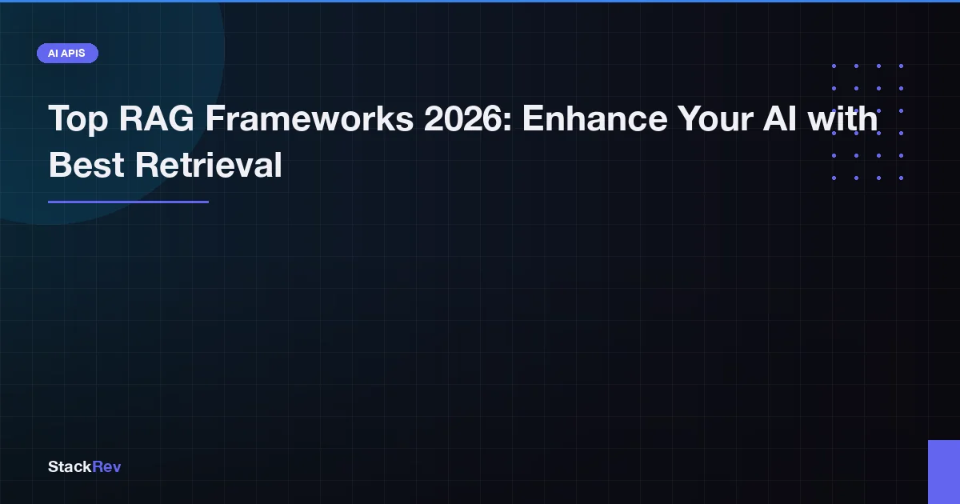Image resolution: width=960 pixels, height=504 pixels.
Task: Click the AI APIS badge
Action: (x=67, y=54)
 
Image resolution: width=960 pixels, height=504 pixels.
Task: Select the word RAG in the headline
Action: (x=156, y=120)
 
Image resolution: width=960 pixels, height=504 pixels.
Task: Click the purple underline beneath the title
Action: (x=128, y=202)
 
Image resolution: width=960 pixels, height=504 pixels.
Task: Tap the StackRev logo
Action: (x=84, y=466)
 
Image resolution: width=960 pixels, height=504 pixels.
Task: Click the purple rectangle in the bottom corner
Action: (x=944, y=472)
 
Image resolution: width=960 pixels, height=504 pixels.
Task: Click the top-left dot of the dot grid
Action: (x=834, y=66)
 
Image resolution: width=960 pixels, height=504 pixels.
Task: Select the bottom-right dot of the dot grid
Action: (x=901, y=178)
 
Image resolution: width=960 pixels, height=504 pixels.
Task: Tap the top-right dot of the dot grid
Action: (x=901, y=66)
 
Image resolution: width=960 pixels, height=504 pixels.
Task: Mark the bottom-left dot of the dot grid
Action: (x=834, y=178)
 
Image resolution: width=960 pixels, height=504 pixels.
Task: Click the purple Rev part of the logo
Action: (x=107, y=466)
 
